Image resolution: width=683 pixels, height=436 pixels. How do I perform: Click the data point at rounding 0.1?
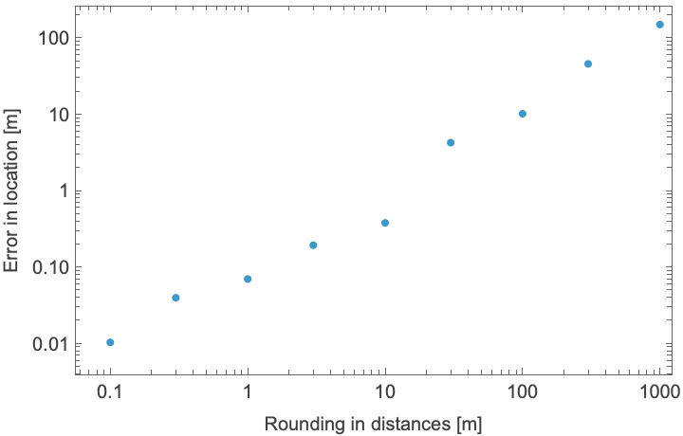110,342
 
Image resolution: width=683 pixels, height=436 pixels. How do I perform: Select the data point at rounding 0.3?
175,298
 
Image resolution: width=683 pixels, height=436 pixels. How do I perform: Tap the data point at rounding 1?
248,279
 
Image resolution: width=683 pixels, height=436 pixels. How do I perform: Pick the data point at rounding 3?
313,245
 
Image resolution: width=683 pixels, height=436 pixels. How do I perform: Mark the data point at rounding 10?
385,223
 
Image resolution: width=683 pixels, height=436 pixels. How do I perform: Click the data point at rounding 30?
451,143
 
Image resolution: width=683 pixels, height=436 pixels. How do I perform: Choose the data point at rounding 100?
522,114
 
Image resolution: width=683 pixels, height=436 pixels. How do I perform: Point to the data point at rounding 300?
588,64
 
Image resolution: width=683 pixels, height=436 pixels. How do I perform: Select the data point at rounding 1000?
660,25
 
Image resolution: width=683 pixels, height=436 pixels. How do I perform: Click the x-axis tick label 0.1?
110,391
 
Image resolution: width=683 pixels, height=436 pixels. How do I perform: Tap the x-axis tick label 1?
248,391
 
